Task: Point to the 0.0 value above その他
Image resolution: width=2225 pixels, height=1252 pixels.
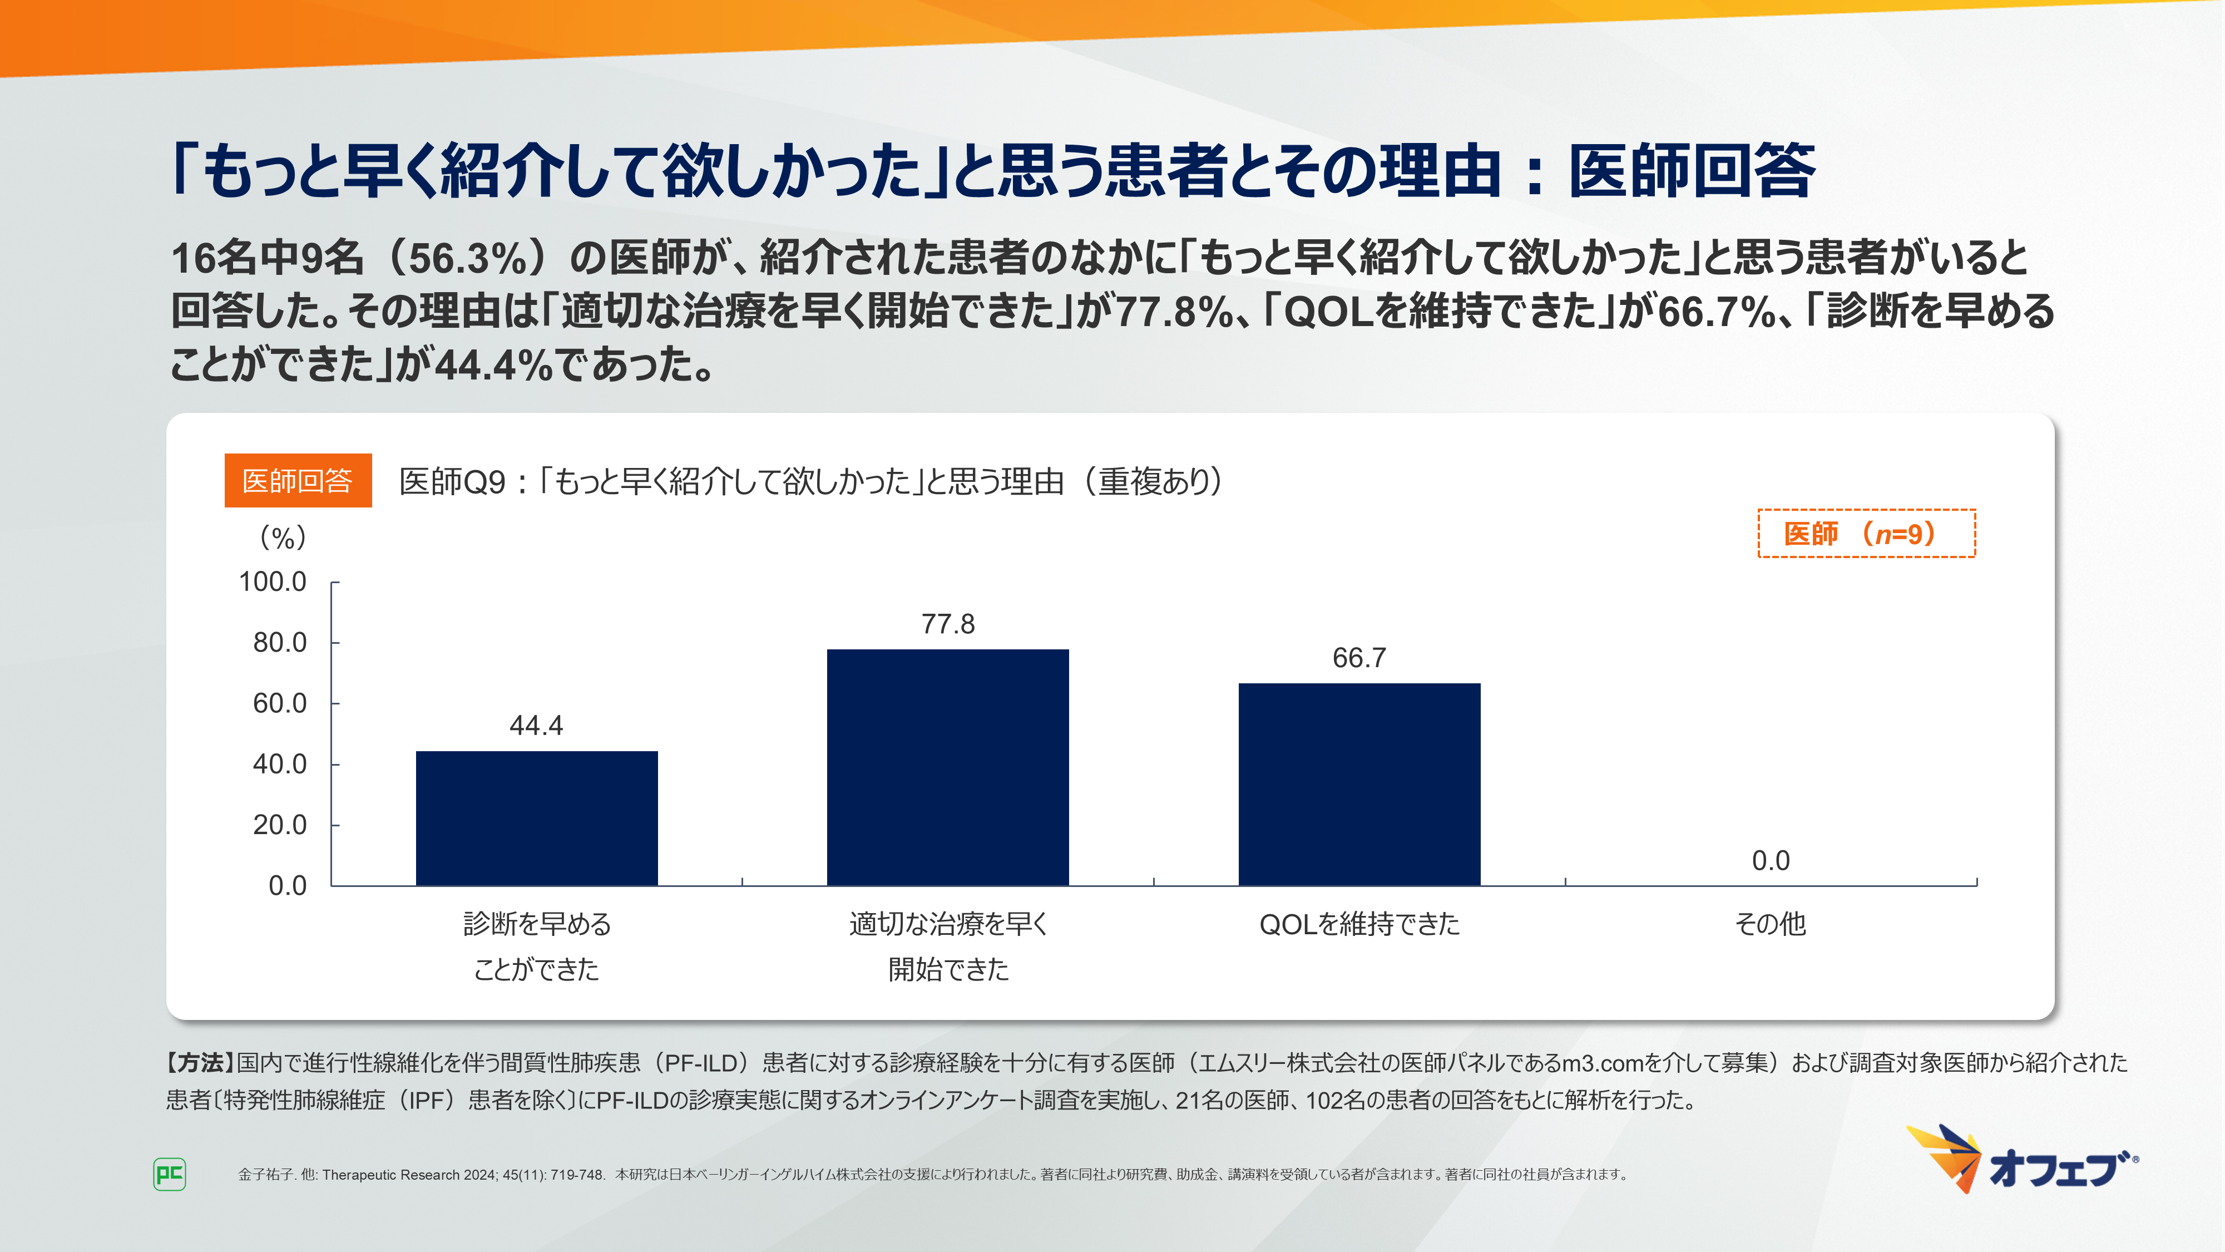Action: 1770,861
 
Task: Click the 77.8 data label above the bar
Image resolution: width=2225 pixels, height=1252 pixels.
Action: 947,624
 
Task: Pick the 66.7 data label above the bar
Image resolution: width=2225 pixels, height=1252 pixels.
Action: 1359,658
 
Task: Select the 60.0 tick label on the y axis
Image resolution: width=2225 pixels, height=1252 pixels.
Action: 279,703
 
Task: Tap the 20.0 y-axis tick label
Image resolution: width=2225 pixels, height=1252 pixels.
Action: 279,825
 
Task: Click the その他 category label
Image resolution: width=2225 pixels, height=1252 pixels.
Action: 1770,924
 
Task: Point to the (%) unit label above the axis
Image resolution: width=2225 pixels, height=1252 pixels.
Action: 283,538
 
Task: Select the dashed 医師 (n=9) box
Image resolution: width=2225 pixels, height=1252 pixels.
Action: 1866,533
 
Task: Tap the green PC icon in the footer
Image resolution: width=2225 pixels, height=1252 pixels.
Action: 169,1174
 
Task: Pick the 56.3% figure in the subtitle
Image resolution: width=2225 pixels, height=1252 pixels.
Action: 467,258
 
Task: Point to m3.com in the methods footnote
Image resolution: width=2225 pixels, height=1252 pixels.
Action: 1601,1063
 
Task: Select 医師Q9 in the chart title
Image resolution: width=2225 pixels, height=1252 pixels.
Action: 453,481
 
